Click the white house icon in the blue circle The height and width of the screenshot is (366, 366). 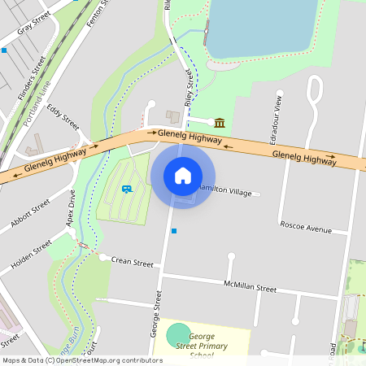click(x=183, y=176)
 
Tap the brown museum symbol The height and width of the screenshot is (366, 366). click(x=220, y=123)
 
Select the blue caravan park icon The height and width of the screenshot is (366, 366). click(x=127, y=189)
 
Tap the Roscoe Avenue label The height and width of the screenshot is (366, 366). click(x=305, y=227)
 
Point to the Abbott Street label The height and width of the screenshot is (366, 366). click(x=31, y=213)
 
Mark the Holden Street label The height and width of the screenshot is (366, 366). click(x=32, y=254)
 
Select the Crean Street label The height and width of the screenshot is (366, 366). click(x=133, y=264)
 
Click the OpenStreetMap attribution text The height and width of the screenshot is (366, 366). click(x=82, y=360)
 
